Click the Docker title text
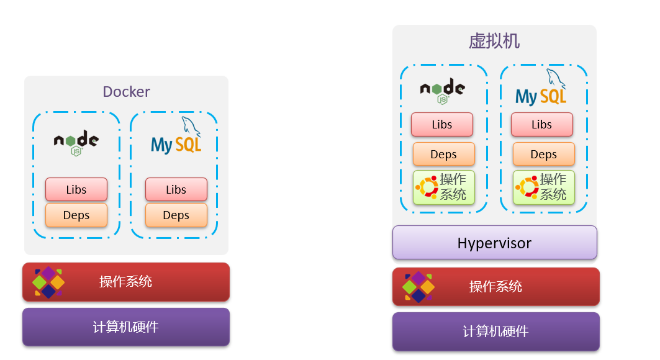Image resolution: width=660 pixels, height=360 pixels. (x=126, y=92)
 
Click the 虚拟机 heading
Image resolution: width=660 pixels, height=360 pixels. (x=494, y=42)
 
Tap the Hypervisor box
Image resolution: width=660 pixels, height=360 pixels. (x=494, y=243)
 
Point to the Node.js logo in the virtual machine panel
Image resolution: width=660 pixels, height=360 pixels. (x=442, y=91)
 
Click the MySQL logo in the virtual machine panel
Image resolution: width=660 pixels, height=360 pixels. (x=541, y=91)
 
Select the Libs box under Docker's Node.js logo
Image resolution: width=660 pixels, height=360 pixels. (x=76, y=189)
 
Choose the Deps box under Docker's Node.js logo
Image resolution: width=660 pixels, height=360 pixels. (x=76, y=215)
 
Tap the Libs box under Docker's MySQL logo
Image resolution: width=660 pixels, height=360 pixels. (x=176, y=189)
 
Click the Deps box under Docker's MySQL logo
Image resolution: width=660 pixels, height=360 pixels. (x=176, y=215)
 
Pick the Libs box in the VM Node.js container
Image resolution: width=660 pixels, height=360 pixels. (x=442, y=124)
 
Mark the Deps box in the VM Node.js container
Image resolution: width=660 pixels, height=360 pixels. (x=443, y=155)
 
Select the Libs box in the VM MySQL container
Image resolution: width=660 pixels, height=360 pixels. (x=541, y=124)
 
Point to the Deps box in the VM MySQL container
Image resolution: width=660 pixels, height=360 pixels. (x=543, y=155)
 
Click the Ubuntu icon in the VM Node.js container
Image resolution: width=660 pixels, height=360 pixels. (x=427, y=187)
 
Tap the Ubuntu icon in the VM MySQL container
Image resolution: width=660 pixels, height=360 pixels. (x=527, y=187)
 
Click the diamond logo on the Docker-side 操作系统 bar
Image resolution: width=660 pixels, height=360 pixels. (x=48, y=282)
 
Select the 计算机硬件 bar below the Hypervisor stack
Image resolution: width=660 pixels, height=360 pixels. (x=495, y=331)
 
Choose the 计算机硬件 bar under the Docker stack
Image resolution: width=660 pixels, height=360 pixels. (x=126, y=327)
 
